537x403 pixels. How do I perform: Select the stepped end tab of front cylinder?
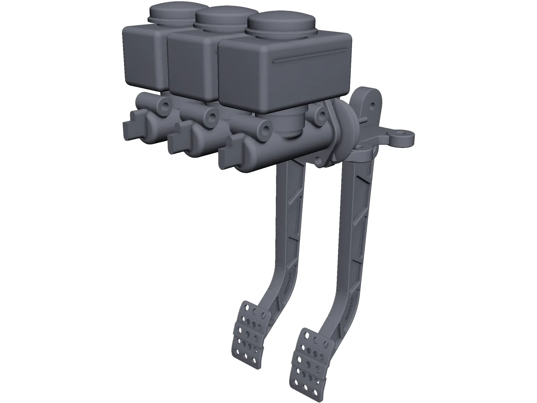coord(227,153)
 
